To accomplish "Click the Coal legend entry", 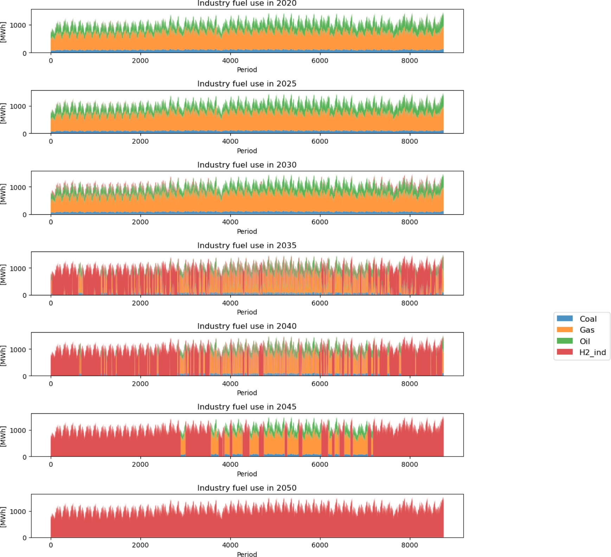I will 588,319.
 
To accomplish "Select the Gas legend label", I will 587,330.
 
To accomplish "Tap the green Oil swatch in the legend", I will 565,341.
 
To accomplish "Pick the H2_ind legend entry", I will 592,352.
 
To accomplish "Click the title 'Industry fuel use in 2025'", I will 247,84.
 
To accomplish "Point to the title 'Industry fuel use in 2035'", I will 247,245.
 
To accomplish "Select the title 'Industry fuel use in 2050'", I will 247,488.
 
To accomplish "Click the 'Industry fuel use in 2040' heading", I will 247,326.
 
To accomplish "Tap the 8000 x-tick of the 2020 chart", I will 410,60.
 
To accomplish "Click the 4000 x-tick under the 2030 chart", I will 230,222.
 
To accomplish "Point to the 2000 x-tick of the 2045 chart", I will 140,464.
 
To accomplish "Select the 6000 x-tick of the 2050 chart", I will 320,545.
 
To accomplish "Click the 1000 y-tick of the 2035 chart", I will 18,268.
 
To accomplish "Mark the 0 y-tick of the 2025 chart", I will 25,134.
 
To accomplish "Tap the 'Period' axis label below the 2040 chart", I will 247,393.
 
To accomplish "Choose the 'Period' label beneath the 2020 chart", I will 247,70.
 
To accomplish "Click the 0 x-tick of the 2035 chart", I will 51,303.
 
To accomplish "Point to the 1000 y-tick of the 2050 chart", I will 18,511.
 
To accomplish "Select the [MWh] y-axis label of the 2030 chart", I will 4,194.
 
